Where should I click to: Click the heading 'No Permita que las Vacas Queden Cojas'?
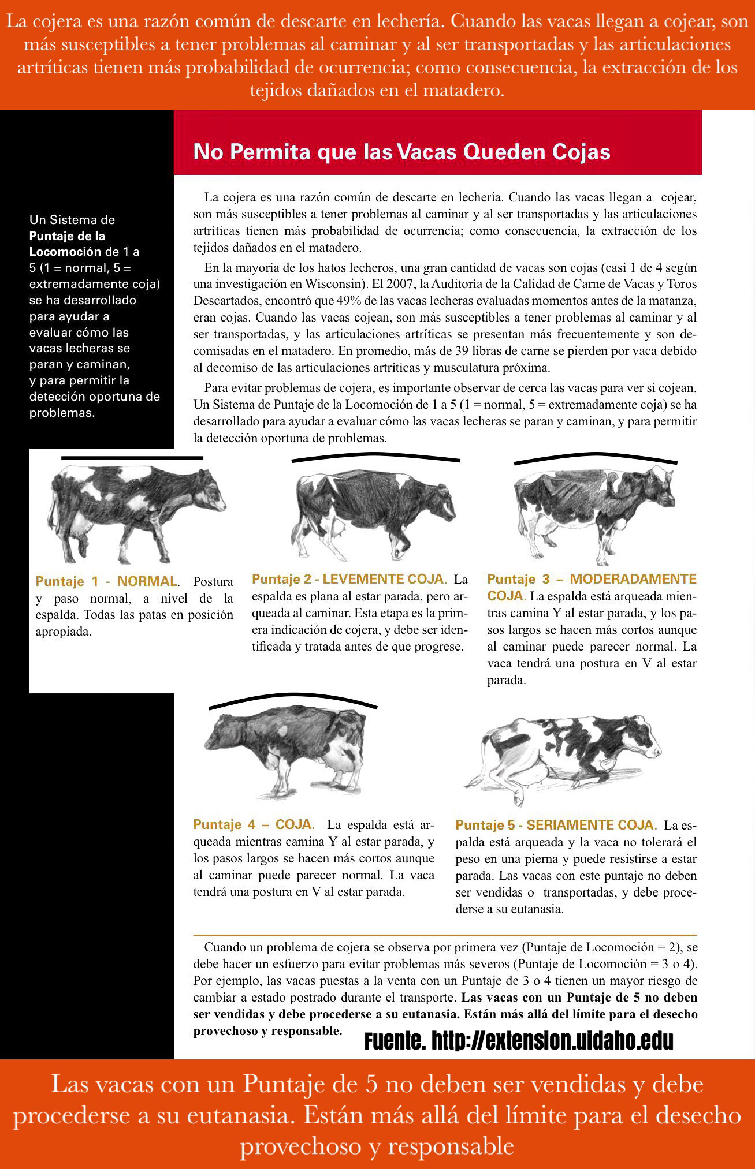point(401,152)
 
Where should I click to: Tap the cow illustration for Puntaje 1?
point(136,514)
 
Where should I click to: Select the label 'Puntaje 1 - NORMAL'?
point(106,581)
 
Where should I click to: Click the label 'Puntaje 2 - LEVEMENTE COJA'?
point(349,578)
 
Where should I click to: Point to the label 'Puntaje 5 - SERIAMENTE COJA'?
point(556,825)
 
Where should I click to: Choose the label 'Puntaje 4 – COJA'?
point(254,824)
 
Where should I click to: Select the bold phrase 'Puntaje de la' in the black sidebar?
point(67,236)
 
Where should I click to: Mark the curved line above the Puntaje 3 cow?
point(595,458)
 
